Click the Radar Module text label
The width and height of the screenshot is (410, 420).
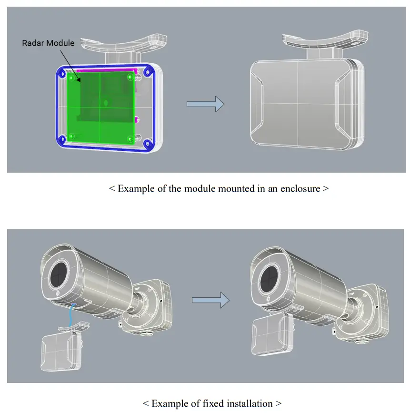[x=48, y=43]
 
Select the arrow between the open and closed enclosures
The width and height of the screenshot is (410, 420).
[x=205, y=104]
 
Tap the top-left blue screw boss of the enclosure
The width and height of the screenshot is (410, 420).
[x=64, y=72]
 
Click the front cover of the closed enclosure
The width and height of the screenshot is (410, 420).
[x=298, y=105]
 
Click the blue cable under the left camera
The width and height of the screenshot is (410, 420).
[x=70, y=315]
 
